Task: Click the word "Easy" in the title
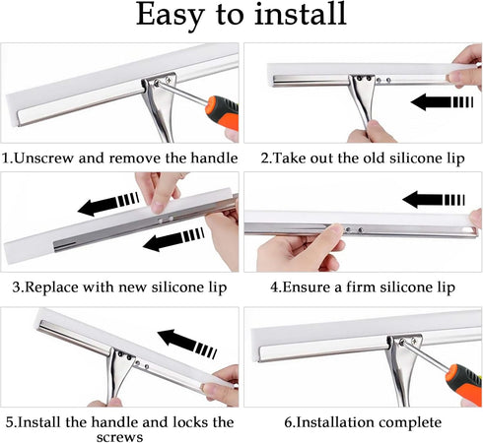click(x=170, y=16)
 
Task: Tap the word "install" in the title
click(x=301, y=14)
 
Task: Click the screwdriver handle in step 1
click(x=222, y=112)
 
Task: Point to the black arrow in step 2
click(x=442, y=101)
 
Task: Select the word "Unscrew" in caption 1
click(x=44, y=158)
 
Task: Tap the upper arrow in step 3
click(x=108, y=204)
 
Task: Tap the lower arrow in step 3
click(x=173, y=239)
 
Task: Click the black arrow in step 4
click(x=434, y=199)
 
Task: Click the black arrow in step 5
click(x=187, y=344)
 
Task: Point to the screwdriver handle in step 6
click(x=464, y=384)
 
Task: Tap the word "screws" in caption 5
click(x=120, y=437)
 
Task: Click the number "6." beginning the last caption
click(x=290, y=422)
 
